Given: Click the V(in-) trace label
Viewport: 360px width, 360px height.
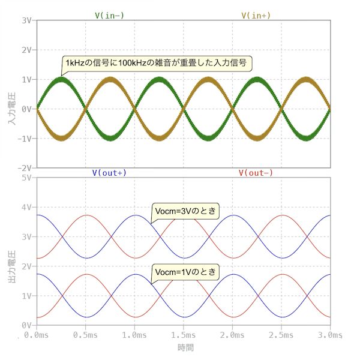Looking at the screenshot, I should (110, 15).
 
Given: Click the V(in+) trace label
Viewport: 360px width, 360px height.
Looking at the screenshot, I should (256, 15).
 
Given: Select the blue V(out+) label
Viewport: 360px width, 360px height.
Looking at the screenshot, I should (109, 173).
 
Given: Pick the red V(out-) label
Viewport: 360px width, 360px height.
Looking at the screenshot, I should (256, 173).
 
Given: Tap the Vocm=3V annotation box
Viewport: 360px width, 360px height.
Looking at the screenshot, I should (185, 211).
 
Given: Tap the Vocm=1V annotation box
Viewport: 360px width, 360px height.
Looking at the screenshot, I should (185, 272).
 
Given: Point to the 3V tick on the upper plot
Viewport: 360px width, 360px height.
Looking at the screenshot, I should (26, 20).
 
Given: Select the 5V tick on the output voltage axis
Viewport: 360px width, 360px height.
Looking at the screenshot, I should (26, 178).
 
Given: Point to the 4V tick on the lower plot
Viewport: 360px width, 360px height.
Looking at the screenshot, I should (26, 208).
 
